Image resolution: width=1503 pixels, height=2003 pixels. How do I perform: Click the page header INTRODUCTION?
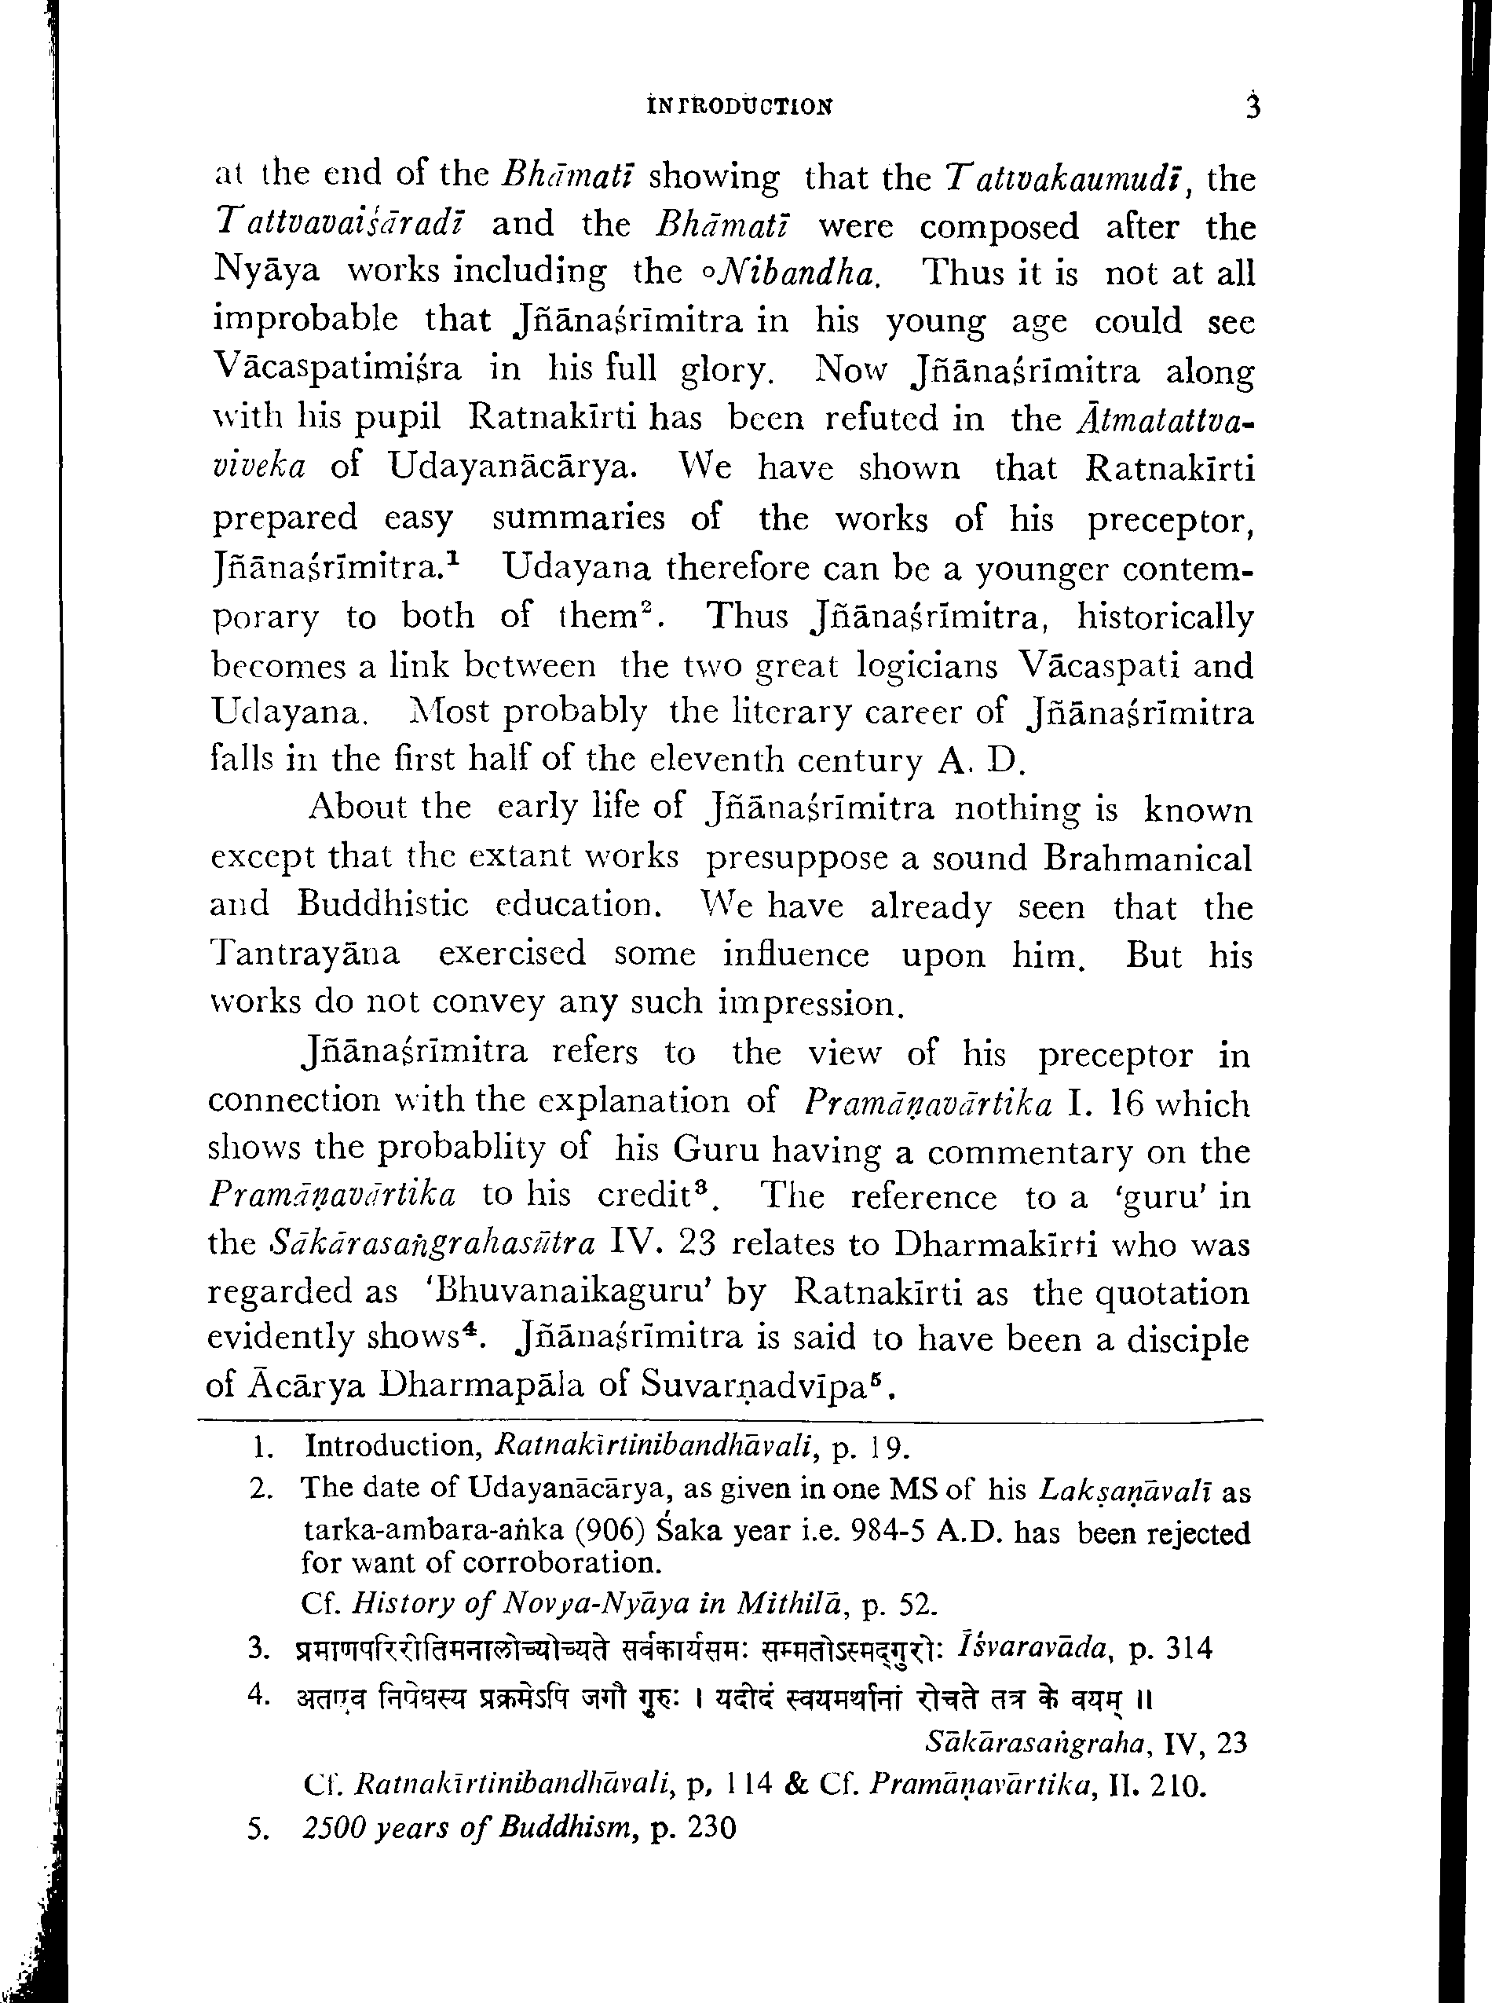(x=740, y=107)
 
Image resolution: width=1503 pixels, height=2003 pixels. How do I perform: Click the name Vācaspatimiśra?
(x=337, y=369)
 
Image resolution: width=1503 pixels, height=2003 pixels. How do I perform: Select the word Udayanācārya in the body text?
(x=513, y=467)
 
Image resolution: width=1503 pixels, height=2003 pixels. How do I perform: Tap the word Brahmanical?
(x=1147, y=858)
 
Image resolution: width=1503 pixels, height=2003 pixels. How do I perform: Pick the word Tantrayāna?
(x=304, y=954)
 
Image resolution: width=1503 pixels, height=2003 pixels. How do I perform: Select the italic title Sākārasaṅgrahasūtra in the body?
(x=433, y=1244)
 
